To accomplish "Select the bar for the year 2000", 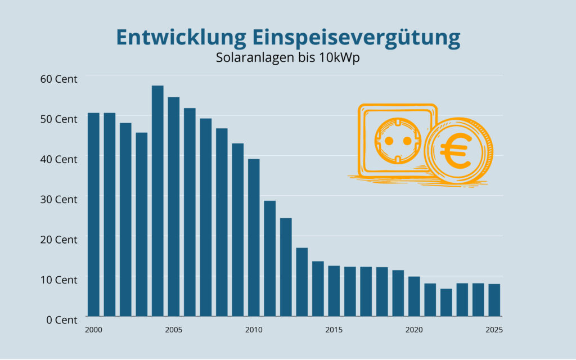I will pyautogui.click(x=93, y=214).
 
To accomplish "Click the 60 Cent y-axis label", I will pyautogui.click(x=58, y=79).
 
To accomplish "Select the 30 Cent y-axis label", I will pyautogui.click(x=58, y=200).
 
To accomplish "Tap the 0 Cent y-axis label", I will pyautogui.click(x=61, y=320).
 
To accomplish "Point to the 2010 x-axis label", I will pyautogui.click(x=254, y=329).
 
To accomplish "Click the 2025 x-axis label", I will pyautogui.click(x=494, y=329).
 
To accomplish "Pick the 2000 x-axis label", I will pyautogui.click(x=93, y=329).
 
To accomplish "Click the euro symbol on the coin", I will pyautogui.click(x=457, y=151).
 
